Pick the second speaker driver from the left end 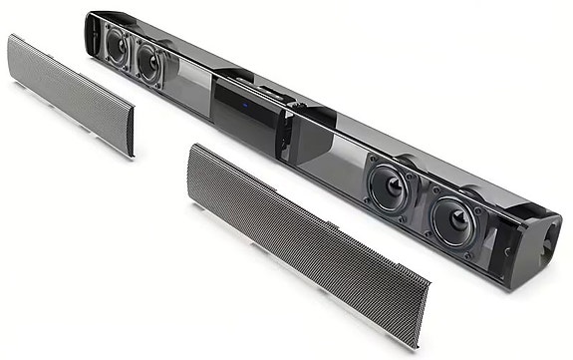149,65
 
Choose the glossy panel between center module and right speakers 319,147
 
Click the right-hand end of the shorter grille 130,140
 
